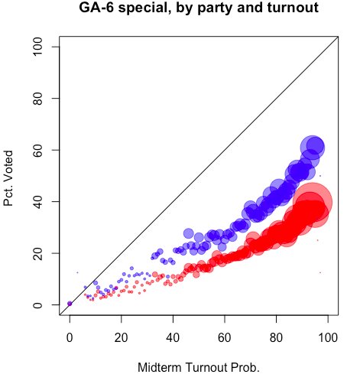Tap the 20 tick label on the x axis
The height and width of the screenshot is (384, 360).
[x=121, y=336]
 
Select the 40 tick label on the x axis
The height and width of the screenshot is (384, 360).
[x=173, y=336]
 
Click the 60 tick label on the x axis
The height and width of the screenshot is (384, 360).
[x=225, y=336]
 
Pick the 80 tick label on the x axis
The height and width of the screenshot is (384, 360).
[x=276, y=336]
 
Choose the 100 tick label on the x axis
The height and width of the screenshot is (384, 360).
[x=328, y=336]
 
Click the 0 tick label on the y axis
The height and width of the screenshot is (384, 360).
[x=38, y=304]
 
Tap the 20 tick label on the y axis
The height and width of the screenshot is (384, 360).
[x=38, y=252]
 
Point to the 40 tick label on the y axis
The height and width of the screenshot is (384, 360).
[x=38, y=201]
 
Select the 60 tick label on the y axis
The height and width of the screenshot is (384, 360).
[x=38, y=150]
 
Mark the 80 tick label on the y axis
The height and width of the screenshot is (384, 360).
[x=38, y=99]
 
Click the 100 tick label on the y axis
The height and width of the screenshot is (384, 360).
[x=38, y=47]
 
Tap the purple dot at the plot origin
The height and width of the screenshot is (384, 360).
[x=70, y=304]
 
